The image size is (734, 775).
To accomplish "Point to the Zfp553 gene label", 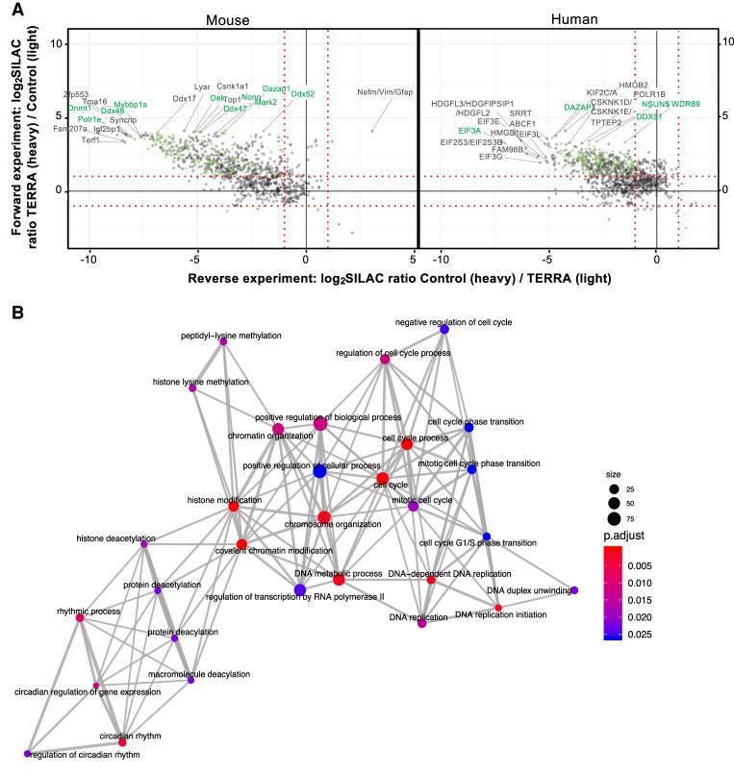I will click(76, 94).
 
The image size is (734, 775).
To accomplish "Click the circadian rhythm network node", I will click(122, 742).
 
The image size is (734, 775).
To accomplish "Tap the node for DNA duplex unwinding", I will click(574, 590).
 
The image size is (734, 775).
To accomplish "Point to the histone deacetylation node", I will click(144, 544).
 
